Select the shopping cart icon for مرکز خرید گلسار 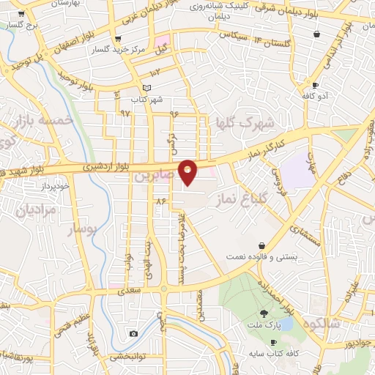(118, 40)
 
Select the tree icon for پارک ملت (264, 313)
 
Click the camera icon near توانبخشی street (133, 334)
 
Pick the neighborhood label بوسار (83, 230)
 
